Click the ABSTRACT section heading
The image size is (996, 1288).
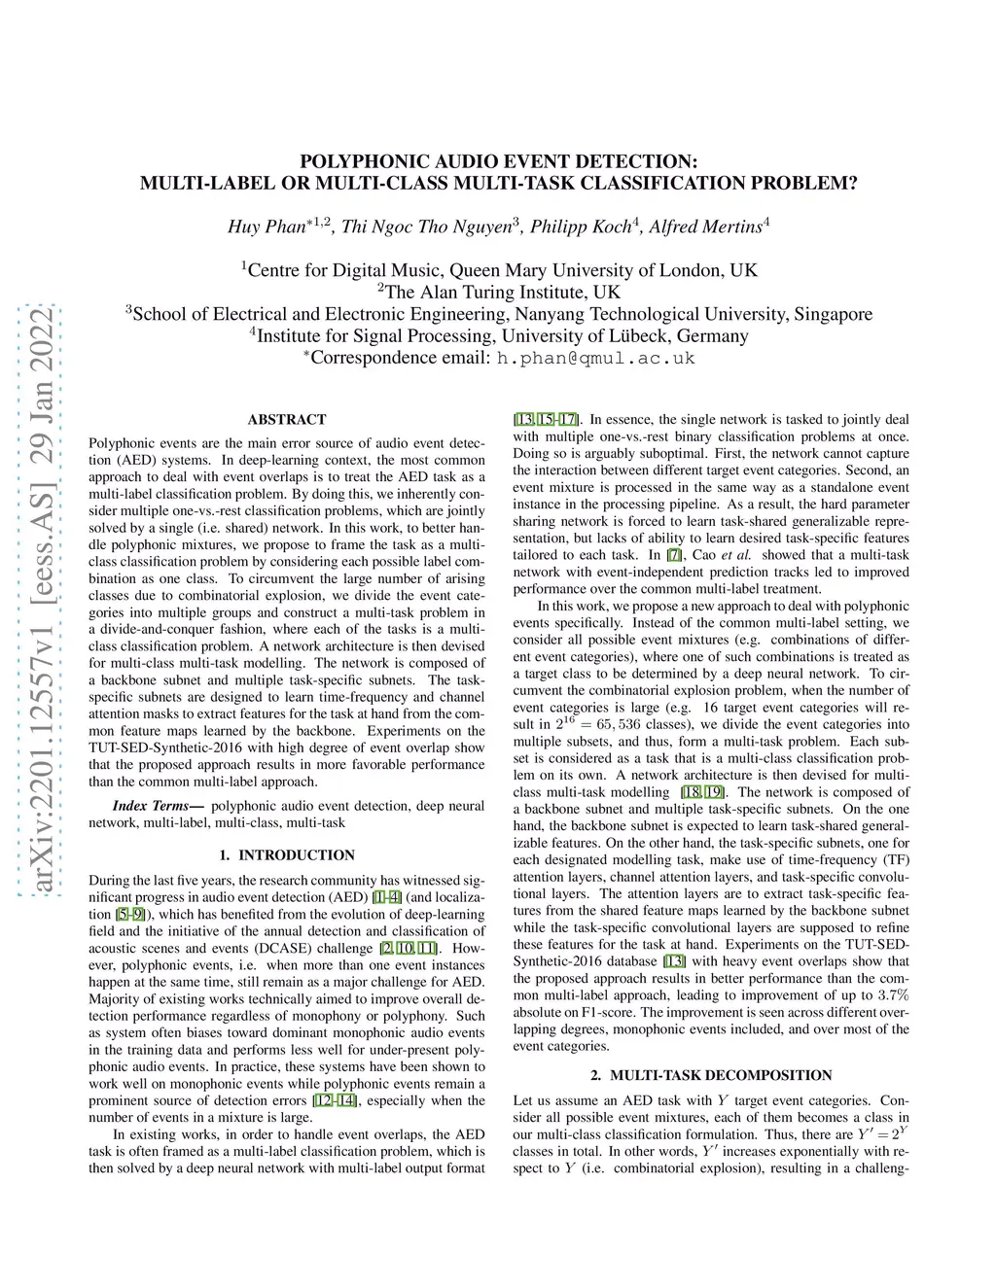[x=286, y=420]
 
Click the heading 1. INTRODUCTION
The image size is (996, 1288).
[x=286, y=855]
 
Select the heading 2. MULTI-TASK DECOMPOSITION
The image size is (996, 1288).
[x=711, y=1075]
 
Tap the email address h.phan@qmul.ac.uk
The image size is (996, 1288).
[x=595, y=358]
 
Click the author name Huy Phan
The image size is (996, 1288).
[x=266, y=227]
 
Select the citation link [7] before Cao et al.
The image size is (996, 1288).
[x=674, y=555]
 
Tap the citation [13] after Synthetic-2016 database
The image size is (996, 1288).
[x=674, y=961]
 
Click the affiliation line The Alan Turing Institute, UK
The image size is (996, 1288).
[x=498, y=292]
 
